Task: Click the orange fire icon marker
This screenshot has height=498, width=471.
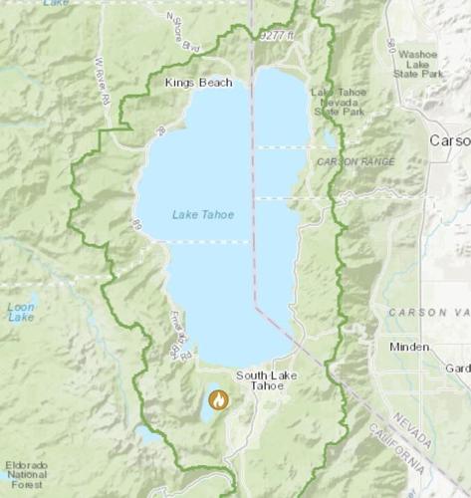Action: coord(218,400)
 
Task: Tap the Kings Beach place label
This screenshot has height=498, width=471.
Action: coord(198,82)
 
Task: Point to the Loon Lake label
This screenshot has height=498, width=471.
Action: coord(20,311)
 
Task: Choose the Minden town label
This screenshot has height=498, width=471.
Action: coord(409,348)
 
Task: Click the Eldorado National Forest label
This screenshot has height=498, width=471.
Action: coord(25,474)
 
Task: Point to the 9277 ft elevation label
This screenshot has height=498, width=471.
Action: coord(276,36)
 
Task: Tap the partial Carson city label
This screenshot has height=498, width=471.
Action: coord(449,141)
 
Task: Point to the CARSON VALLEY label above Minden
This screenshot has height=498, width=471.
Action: coord(428,312)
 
